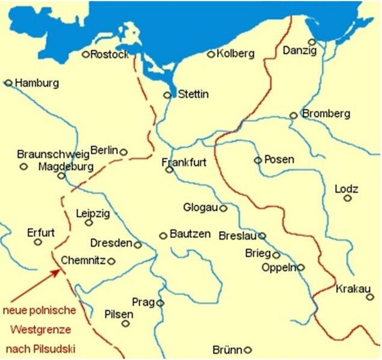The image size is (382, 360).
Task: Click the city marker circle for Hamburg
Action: (8, 83)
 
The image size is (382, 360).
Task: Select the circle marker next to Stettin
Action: (167, 95)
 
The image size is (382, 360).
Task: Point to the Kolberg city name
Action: (235, 53)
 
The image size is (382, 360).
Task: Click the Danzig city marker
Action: (312, 42)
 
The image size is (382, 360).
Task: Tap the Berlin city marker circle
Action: (123, 152)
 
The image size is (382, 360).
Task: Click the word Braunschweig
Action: (53, 154)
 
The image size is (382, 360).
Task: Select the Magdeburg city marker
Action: (61, 175)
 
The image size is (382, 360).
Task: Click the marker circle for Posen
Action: (258, 160)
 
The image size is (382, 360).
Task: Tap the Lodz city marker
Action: (347, 198)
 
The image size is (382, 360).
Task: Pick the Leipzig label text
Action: (93, 213)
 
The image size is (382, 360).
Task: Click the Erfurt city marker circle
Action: (38, 242)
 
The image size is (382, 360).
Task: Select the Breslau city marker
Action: (262, 236)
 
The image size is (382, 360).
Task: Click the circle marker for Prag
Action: (160, 303)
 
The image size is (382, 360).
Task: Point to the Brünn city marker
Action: (247, 350)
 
